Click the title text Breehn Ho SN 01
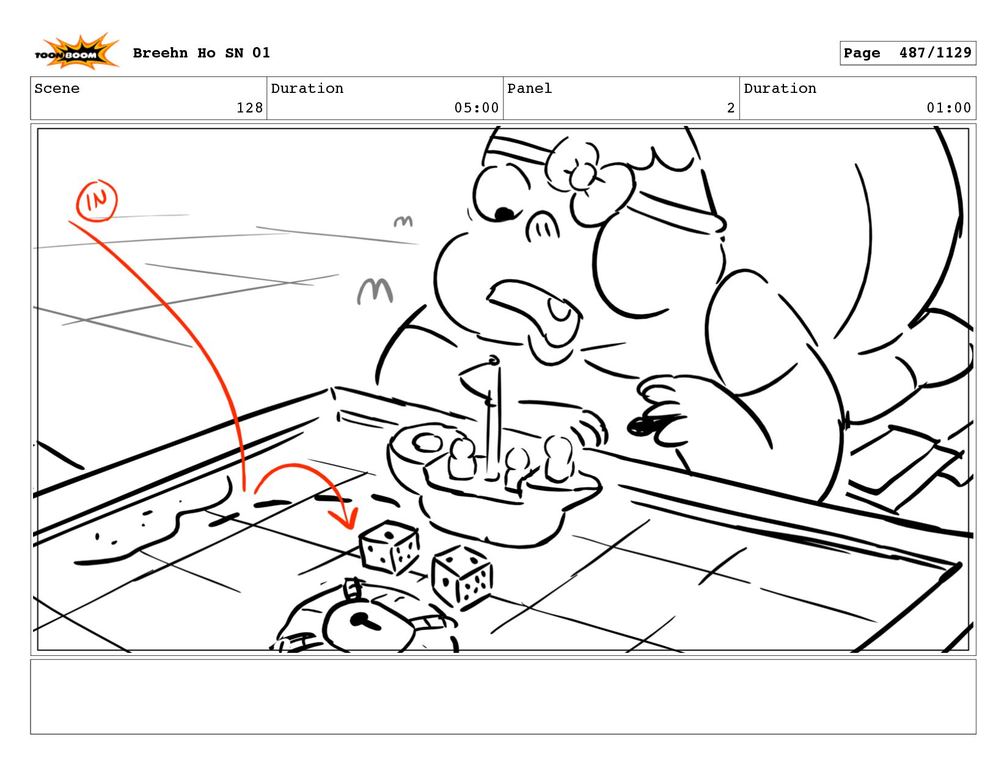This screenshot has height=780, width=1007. point(201,53)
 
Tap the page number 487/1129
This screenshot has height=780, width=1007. point(935,53)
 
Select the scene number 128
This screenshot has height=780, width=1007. point(249,108)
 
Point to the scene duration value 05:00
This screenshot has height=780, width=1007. point(476,108)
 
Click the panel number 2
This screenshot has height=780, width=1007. point(730,108)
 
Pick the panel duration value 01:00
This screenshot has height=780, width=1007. point(948,108)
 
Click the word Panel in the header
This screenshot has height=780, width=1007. point(529,88)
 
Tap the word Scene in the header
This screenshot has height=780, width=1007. point(57,88)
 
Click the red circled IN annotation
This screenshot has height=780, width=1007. point(97,201)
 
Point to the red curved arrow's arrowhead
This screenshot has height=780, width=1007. point(345,518)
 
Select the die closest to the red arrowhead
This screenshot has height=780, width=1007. point(389,547)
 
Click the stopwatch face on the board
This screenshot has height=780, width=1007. point(368,626)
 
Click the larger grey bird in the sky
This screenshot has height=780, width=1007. point(375,291)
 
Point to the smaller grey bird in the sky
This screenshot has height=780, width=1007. point(403,221)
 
